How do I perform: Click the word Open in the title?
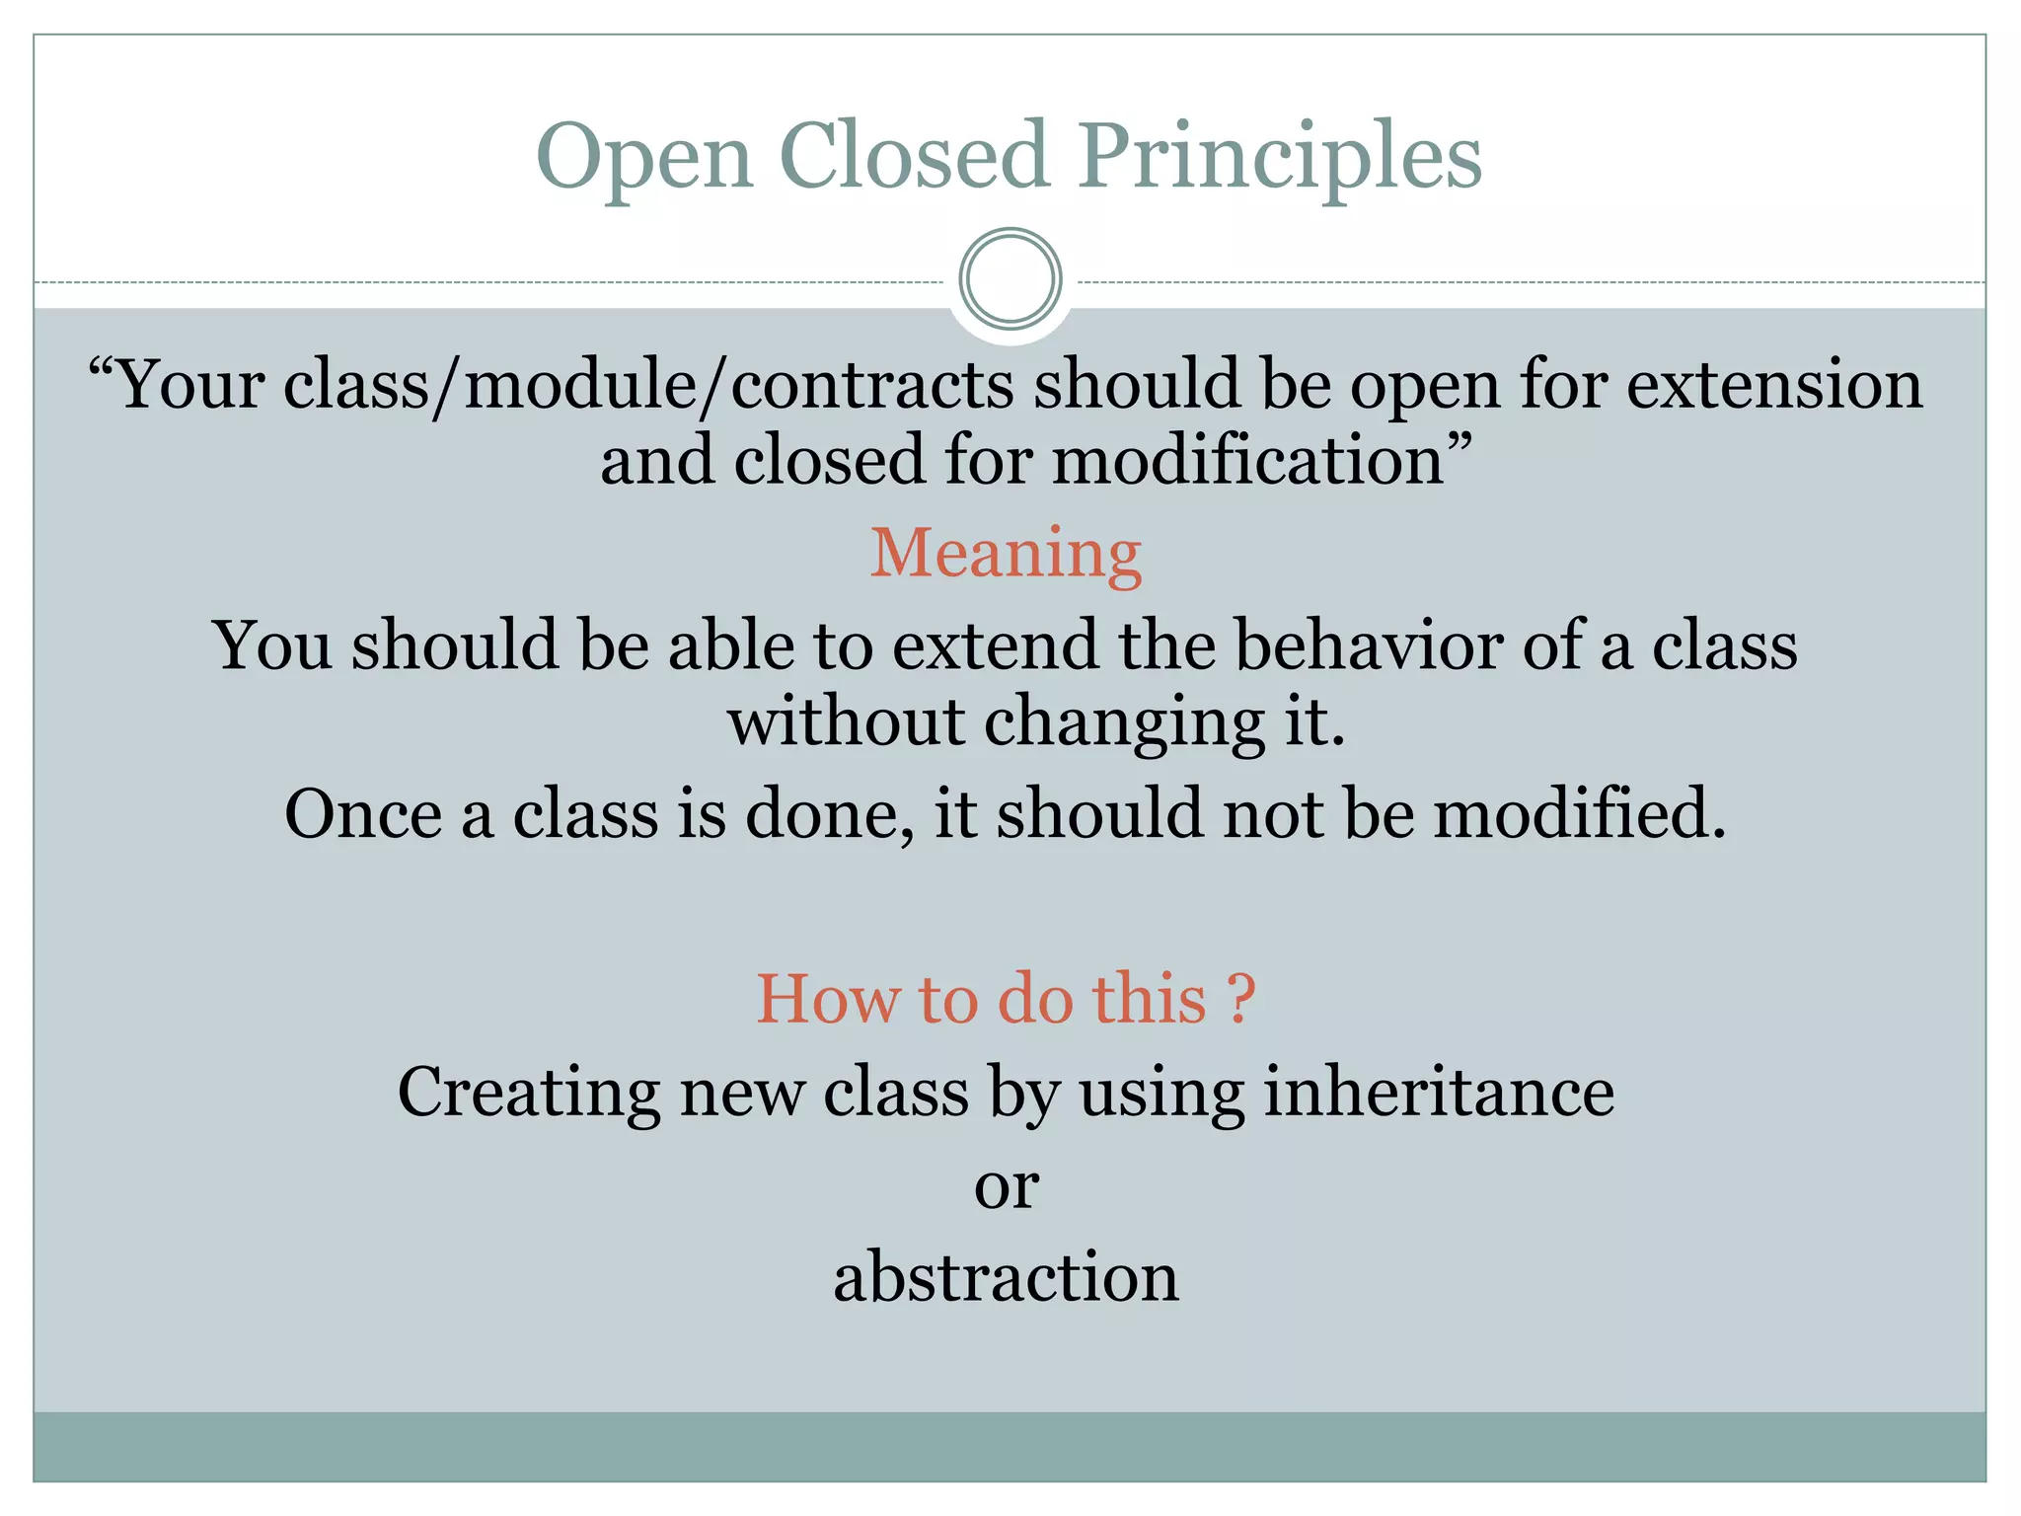coord(645,158)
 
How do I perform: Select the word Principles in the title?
coord(1279,158)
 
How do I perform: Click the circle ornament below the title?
coord(1010,279)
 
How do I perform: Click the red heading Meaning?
coord(1006,554)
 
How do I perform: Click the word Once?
coord(362,814)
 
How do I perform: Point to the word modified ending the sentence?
coord(1579,814)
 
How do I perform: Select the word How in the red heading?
coord(827,999)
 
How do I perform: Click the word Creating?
coord(528,1094)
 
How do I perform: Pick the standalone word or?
coord(1007,1187)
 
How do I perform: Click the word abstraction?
coord(1006,1277)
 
